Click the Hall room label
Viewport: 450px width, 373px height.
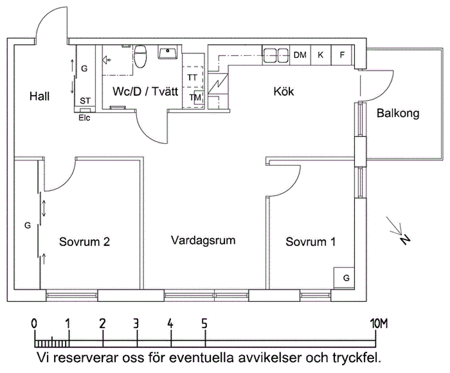point(39,96)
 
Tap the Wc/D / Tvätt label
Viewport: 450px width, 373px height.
point(145,91)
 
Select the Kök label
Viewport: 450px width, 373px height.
point(283,91)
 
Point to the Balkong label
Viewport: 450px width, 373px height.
point(398,114)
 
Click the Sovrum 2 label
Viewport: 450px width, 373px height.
point(85,242)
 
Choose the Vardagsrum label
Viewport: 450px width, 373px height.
point(203,240)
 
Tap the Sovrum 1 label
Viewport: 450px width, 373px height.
point(310,242)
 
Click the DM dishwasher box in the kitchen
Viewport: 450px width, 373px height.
point(300,55)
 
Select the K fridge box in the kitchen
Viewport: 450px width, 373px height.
point(320,55)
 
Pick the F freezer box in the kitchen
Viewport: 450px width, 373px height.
point(341,55)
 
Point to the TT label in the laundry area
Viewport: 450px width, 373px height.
point(192,77)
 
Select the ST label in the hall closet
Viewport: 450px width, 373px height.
point(85,101)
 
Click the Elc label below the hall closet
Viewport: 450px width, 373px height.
point(84,118)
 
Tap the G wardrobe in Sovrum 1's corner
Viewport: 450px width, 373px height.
point(346,278)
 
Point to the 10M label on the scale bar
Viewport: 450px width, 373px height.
point(378,324)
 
